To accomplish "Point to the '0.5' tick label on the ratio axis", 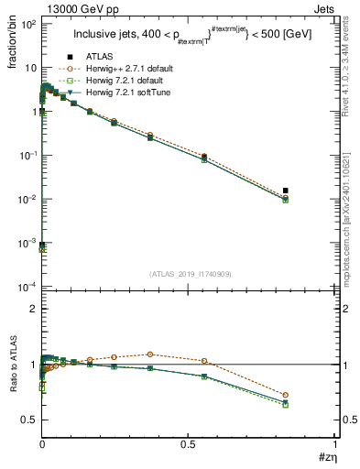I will coord(27,420).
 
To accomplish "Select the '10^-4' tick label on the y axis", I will coord(27,287).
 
